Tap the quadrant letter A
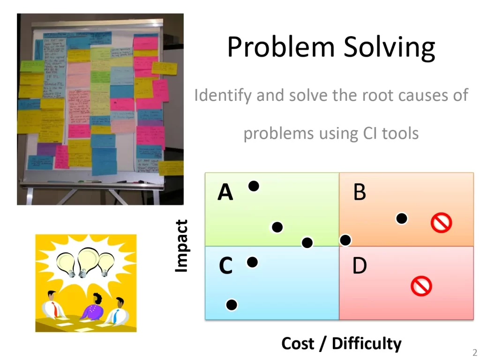(x=225, y=193)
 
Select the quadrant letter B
(x=359, y=193)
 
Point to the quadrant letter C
(x=225, y=267)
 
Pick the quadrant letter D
(x=359, y=267)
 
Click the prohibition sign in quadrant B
(x=441, y=223)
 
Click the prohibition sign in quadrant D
(x=421, y=285)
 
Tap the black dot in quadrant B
(x=401, y=218)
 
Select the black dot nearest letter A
(x=254, y=186)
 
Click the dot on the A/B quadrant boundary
(x=345, y=240)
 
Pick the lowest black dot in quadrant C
(x=232, y=305)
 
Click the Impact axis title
(x=181, y=246)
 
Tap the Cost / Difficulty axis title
(x=341, y=344)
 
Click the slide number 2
(x=474, y=353)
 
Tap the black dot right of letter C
(x=252, y=262)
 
